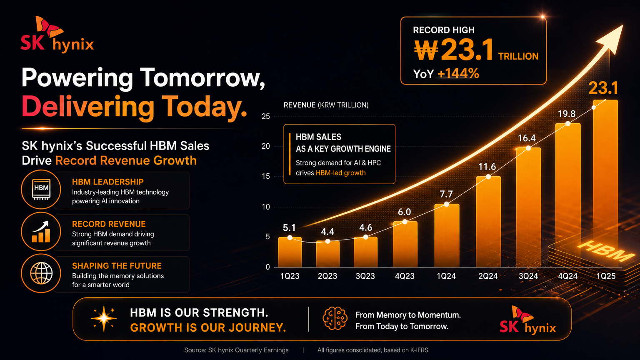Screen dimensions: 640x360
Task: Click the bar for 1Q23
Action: pos(290,252)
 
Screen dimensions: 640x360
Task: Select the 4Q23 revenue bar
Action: pos(405,244)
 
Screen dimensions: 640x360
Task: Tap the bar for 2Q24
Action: pos(488,222)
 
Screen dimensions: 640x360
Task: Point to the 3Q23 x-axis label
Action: pos(365,276)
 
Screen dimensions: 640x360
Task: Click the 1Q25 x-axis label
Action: pos(606,276)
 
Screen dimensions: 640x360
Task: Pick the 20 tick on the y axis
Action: pos(266,146)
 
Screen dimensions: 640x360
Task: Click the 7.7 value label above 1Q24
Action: pos(446,194)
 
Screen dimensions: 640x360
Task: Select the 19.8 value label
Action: pos(567,114)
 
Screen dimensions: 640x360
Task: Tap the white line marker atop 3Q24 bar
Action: pos(528,148)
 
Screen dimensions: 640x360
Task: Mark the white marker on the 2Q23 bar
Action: pos(328,241)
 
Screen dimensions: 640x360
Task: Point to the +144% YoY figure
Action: pos(458,73)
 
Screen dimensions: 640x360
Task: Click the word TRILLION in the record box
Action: pos(518,56)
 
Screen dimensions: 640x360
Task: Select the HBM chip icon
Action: pos(41,189)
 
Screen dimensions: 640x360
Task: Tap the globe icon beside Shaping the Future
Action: pos(41,273)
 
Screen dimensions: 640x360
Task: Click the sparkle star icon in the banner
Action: pos(104,319)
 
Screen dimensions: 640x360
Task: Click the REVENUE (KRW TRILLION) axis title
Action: pos(326,105)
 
